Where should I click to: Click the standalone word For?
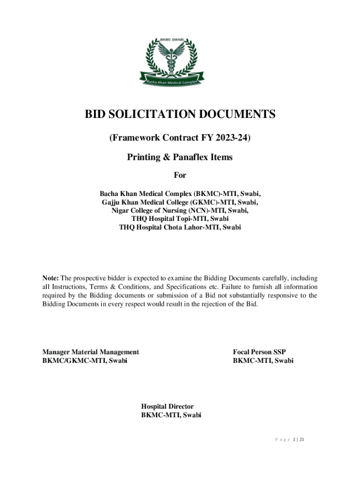point(180,175)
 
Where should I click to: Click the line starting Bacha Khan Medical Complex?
point(180,194)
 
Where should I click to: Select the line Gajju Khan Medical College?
point(180,202)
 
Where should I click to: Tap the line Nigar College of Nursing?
point(180,210)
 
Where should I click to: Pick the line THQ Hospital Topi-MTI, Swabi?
point(180,219)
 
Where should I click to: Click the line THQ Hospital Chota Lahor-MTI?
point(180,227)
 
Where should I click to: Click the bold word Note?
point(51,278)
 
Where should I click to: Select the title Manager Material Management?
point(91,352)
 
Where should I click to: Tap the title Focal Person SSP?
point(263,352)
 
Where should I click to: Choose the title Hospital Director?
point(167,407)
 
